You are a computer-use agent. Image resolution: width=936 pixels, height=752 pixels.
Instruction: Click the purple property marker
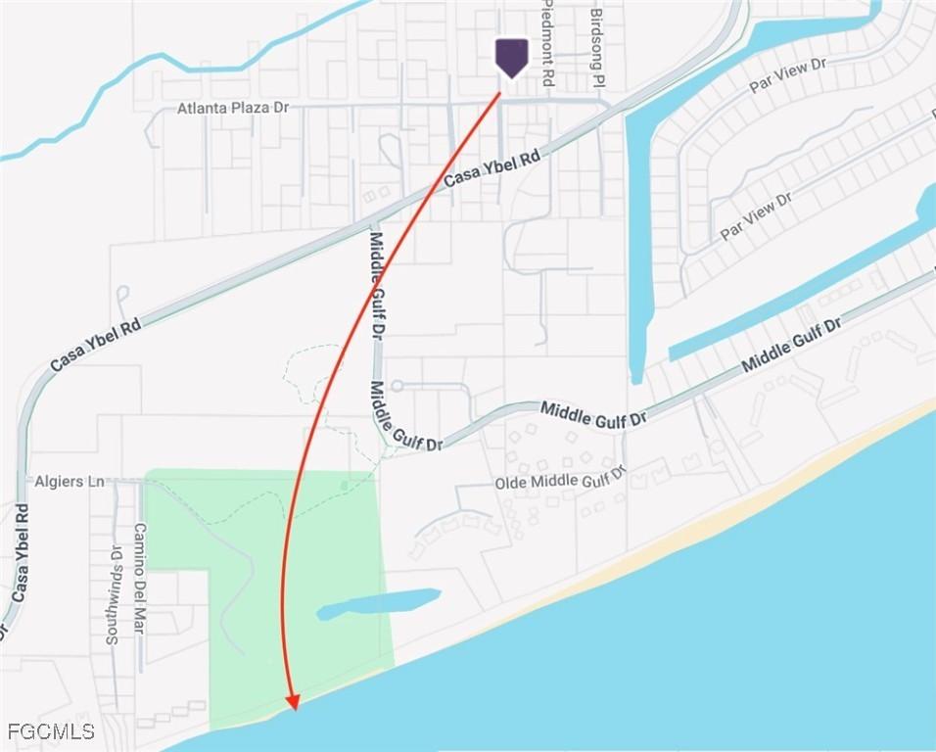point(511,57)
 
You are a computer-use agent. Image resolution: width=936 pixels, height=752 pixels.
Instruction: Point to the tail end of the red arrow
point(499,95)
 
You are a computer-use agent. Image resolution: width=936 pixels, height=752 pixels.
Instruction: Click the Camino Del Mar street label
point(139,578)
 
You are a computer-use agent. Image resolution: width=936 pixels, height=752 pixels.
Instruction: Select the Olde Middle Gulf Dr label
point(560,481)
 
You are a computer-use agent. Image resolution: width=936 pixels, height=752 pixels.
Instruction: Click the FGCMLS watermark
point(51,731)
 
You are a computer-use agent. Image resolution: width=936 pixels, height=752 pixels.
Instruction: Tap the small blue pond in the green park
point(379,602)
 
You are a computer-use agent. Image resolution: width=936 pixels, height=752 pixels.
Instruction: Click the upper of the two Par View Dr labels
point(788,75)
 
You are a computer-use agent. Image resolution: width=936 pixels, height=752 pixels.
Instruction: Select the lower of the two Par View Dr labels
point(755,217)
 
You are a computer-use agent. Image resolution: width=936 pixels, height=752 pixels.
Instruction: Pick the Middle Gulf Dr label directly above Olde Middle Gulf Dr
point(593,414)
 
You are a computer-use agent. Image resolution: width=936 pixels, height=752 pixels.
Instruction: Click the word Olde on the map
point(511,483)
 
